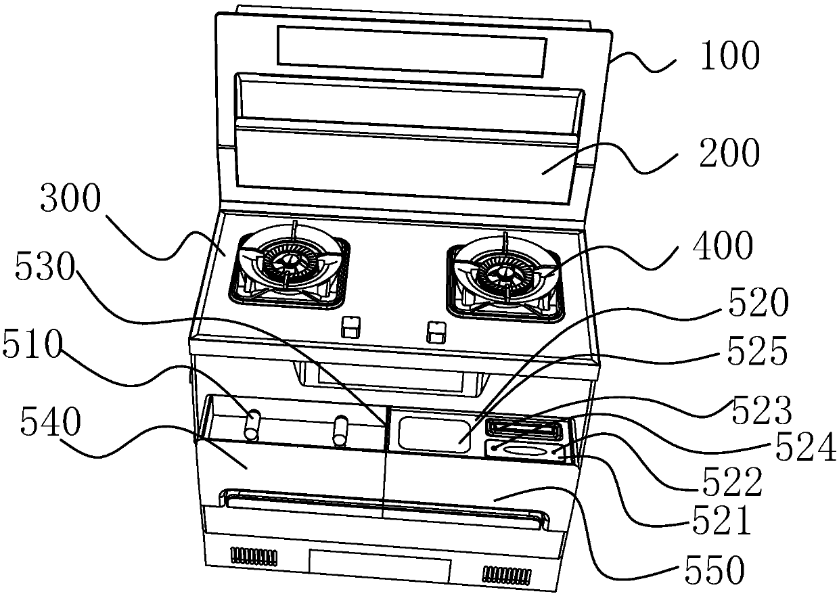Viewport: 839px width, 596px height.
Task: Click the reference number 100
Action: click(729, 57)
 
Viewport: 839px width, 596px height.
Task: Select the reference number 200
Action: click(729, 154)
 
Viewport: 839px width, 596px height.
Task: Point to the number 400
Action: click(723, 248)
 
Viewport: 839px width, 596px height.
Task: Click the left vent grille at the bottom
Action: click(254, 556)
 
